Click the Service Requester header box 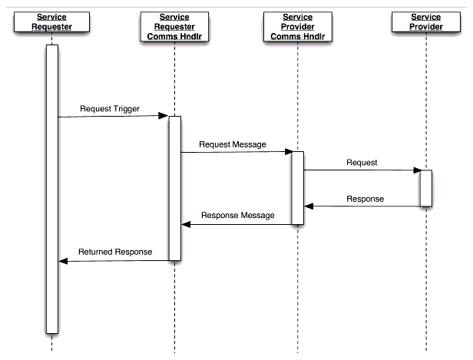(51, 22)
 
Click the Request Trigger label (110, 109)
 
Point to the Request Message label (232, 144)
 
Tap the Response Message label (237, 216)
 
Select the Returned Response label (115, 252)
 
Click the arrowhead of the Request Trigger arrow (164, 116)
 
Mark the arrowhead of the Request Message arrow (286, 152)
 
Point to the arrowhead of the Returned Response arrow (64, 261)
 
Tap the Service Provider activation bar (425, 188)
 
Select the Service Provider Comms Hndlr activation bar (297, 187)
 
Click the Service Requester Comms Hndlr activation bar (174, 188)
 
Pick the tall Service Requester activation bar (51, 189)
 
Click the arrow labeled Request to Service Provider (361, 170)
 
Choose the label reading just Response (365, 199)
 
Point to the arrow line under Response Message (238, 224)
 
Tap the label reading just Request (362, 163)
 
